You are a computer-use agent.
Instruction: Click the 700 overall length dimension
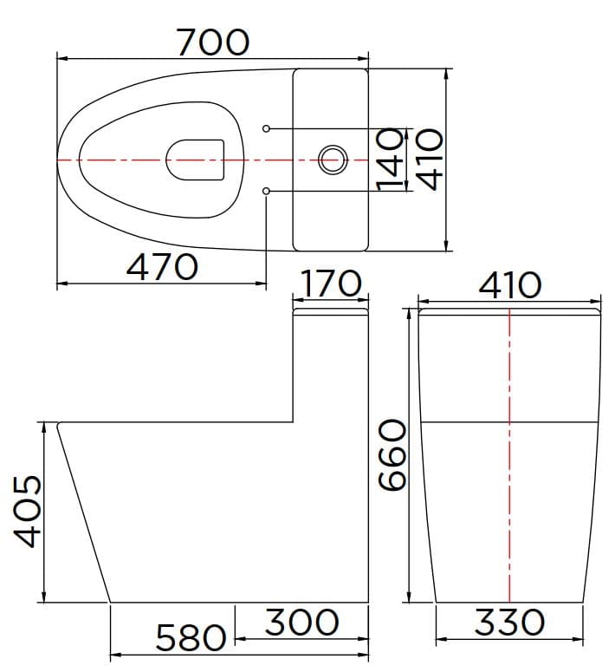coord(213,41)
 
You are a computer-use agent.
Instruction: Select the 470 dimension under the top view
coord(162,266)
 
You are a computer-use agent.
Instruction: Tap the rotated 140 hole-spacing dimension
coord(392,159)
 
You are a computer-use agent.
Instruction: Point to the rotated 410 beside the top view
coord(427,159)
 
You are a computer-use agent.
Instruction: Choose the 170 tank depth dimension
coord(332,284)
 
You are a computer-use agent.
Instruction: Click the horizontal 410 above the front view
coord(509,284)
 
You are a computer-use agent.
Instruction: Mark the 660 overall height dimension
coord(391,456)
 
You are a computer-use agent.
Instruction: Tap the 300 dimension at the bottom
coord(301,622)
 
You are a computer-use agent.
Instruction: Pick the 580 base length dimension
coord(191,639)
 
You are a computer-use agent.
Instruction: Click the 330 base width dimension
coord(509,622)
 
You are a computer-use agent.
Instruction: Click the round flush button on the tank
coord(332,160)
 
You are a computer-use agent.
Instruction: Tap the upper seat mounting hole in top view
coord(266,129)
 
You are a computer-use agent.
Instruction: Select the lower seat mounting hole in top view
coord(266,190)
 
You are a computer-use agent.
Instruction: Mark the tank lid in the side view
coord(332,311)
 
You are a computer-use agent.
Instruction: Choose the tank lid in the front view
coord(509,310)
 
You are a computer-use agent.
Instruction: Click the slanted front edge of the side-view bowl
coord(84,512)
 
